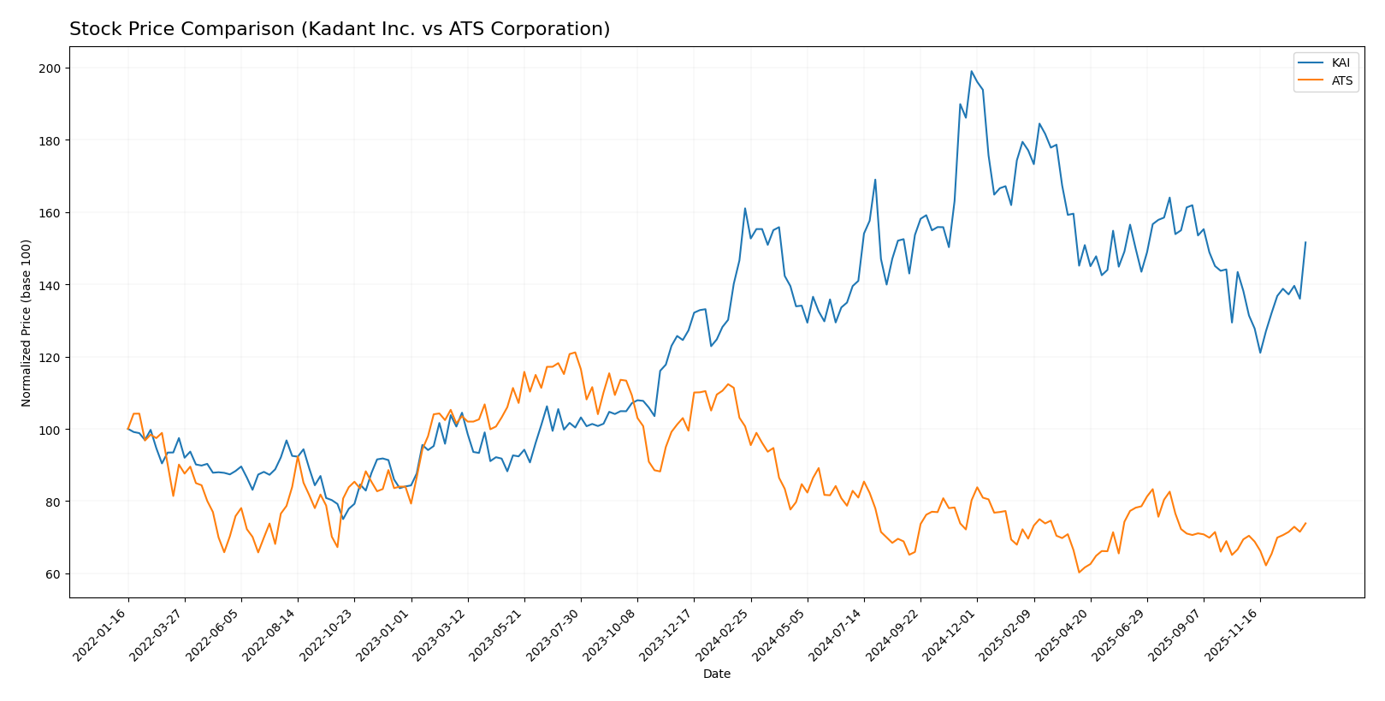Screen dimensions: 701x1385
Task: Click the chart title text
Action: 340,29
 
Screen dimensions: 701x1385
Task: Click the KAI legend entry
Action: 1340,62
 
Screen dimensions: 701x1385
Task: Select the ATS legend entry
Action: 1340,81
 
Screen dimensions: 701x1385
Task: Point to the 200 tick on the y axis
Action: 52,68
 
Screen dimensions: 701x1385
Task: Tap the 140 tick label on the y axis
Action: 52,285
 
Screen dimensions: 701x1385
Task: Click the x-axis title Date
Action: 716,674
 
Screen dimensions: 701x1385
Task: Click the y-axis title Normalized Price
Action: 27,323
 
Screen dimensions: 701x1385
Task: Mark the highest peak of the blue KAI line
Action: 971,71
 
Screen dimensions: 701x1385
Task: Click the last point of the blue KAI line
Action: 1305,242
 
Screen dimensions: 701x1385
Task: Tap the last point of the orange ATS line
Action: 1305,523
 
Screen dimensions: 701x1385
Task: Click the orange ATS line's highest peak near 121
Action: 575,352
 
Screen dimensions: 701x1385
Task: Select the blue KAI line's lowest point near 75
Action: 343,519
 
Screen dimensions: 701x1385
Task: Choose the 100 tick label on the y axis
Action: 52,430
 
